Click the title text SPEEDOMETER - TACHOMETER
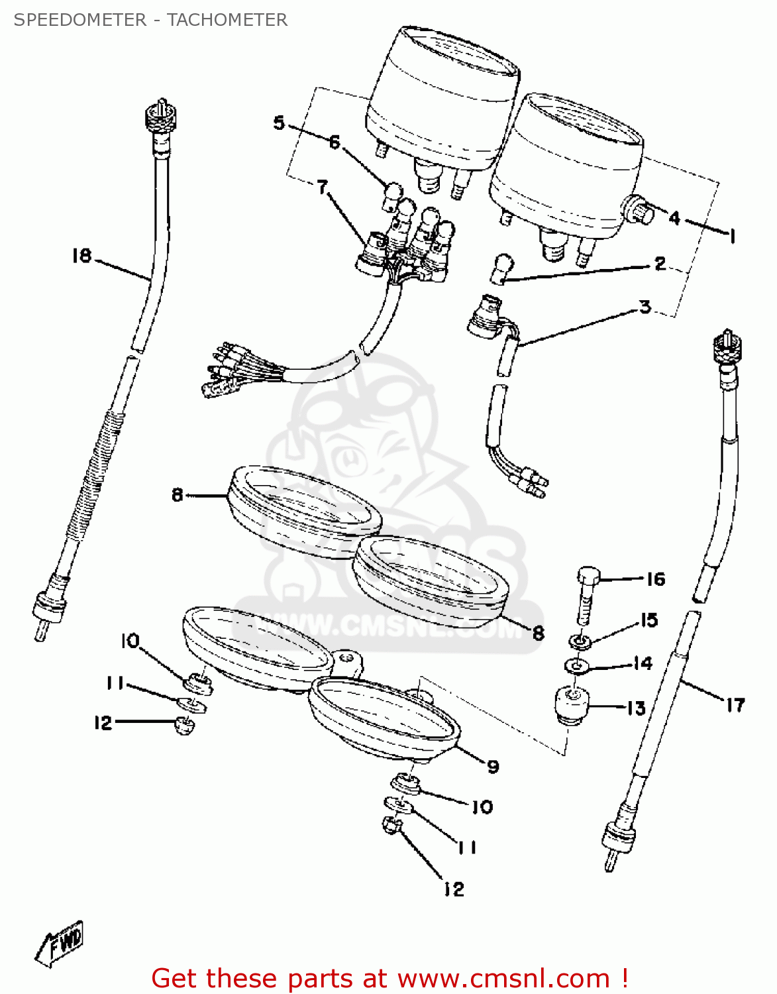pyautogui.click(x=150, y=20)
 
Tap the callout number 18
pyautogui.click(x=82, y=256)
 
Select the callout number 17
pyautogui.click(x=735, y=705)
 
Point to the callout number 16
pyautogui.click(x=655, y=579)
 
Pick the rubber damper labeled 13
pyautogui.click(x=572, y=706)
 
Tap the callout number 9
pyautogui.click(x=493, y=767)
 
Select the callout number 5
pyautogui.click(x=279, y=123)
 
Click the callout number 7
pyautogui.click(x=322, y=188)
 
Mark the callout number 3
pyautogui.click(x=645, y=307)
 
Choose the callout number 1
pyautogui.click(x=732, y=236)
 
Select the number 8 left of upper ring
pyautogui.click(x=177, y=494)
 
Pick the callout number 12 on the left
pyautogui.click(x=103, y=723)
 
